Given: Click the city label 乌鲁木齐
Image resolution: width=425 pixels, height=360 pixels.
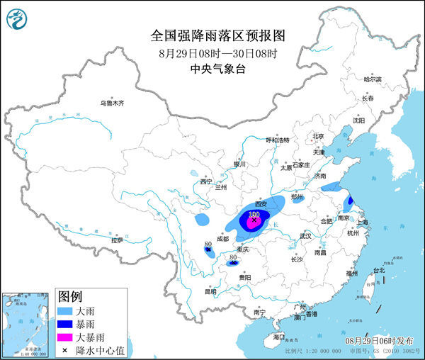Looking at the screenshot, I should point(111,103).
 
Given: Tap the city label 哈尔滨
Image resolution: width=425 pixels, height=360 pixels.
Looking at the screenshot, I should point(373,79).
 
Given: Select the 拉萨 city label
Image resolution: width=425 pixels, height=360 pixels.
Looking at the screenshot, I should point(117,240).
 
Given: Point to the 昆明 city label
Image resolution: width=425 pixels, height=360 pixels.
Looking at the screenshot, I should point(191,291).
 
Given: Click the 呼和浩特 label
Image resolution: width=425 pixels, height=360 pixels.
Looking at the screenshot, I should point(277,140).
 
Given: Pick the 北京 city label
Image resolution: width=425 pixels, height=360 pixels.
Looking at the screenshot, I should point(318,136).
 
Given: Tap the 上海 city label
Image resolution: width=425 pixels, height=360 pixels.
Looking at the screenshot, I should point(363,222).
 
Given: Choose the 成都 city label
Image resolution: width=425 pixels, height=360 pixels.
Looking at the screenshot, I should point(223,239).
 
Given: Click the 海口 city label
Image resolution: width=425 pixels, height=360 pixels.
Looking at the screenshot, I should point(279,337).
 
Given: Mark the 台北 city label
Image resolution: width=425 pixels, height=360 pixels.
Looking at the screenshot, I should point(378,270).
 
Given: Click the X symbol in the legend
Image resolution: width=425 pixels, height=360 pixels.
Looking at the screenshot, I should point(64,349).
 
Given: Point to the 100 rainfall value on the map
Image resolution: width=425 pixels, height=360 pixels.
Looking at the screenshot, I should point(254,213).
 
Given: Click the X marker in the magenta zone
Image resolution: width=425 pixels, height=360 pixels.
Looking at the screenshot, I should point(254,220).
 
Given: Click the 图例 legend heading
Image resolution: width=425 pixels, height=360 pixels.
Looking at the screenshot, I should point(71,296).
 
